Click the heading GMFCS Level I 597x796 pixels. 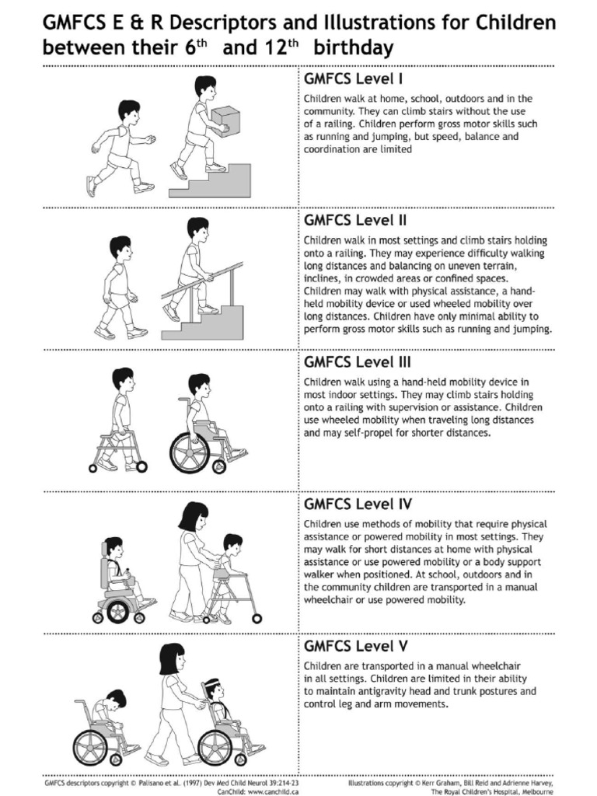click(x=354, y=79)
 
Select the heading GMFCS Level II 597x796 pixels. click(x=355, y=220)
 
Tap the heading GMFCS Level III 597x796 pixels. click(x=358, y=362)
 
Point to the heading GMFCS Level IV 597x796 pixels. click(x=358, y=504)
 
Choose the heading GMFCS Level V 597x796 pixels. click(x=356, y=646)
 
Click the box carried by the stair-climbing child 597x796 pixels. click(x=226, y=120)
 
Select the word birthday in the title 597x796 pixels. click(x=354, y=48)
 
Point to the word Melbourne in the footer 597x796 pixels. click(x=537, y=791)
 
